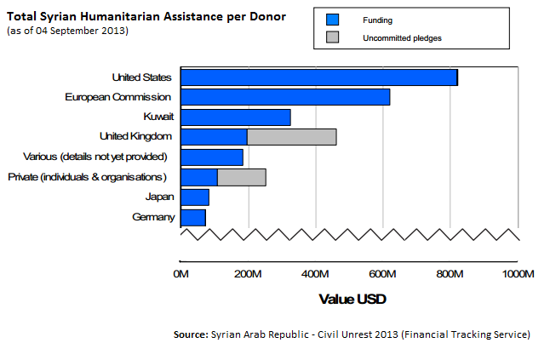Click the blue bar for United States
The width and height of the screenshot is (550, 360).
point(319,77)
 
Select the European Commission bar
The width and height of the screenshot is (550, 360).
point(285,97)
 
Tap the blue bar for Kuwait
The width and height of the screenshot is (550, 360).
point(236,117)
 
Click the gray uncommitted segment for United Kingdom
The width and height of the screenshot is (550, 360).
point(291,137)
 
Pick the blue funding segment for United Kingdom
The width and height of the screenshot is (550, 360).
point(214,137)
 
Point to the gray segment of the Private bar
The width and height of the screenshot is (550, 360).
point(242,177)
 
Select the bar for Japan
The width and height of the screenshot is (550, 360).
point(195,197)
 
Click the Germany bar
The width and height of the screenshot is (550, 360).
point(193,217)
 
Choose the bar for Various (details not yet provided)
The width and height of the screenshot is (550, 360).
point(212,157)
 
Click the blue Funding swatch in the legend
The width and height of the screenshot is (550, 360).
point(332,19)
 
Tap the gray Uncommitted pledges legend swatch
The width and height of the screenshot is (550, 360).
point(332,37)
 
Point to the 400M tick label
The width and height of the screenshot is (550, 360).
point(315,274)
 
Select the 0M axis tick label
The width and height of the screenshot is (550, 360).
point(180,274)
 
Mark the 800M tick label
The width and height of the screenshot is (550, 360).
point(450,274)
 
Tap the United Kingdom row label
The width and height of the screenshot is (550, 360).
point(136,137)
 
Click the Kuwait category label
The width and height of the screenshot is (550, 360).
point(159,117)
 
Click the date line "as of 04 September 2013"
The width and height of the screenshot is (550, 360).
point(67,31)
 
